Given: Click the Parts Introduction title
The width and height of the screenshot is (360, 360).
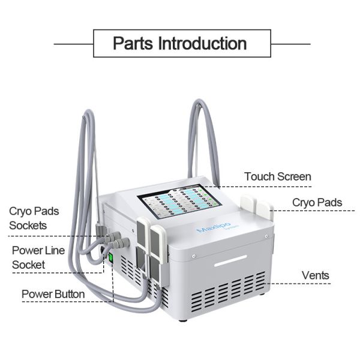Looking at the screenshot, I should coord(180,44).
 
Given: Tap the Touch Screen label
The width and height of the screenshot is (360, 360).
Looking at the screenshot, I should coord(277,176).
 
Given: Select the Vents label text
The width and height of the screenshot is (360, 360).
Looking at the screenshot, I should coord(315,275).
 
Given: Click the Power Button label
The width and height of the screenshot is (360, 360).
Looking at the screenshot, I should coord(53,294).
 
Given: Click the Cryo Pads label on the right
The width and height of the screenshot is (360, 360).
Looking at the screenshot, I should coord(317,203).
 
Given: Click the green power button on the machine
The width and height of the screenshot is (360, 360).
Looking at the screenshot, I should coord(111,259).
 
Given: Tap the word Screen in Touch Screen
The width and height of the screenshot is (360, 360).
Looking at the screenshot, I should coord(295,176).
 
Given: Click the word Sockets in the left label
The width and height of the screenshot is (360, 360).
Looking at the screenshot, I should coord(28,226).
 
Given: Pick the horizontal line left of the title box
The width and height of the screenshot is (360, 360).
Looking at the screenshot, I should coord(74,44).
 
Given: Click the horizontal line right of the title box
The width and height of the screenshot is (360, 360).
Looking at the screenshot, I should coord(290,44).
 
